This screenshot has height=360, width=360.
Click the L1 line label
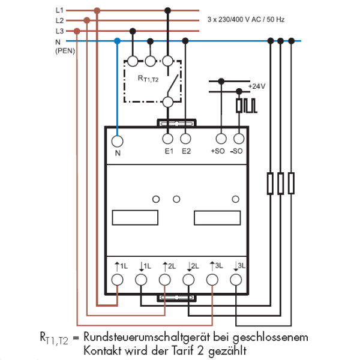point(59,10)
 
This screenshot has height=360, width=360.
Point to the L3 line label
point(59,31)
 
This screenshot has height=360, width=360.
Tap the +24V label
point(257,86)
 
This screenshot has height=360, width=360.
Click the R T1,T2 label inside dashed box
point(148,79)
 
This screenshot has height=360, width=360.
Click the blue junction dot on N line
point(118,41)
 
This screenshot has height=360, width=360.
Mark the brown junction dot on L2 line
point(87,20)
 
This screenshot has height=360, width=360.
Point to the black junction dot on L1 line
point(167,10)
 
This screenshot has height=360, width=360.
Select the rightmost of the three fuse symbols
point(291,183)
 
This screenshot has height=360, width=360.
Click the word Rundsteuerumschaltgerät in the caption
point(147,337)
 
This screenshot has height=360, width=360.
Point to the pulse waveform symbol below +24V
point(247,106)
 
